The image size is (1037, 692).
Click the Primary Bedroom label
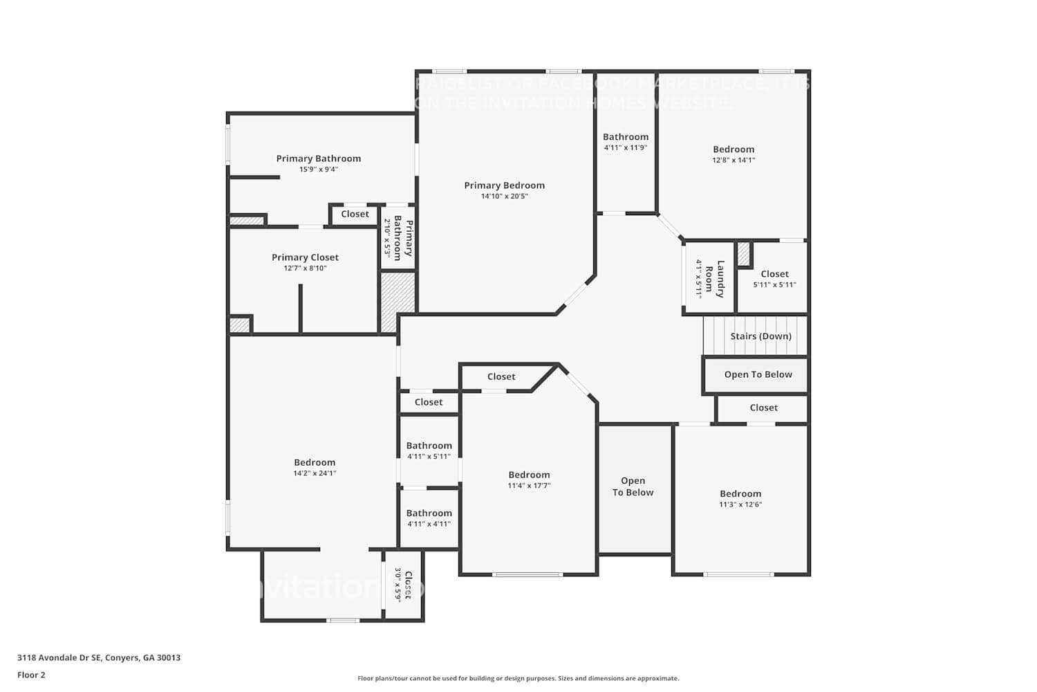pyautogui.click(x=504, y=185)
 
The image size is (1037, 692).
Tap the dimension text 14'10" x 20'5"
pyautogui.click(x=504, y=197)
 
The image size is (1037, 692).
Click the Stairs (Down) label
pyautogui.click(x=760, y=336)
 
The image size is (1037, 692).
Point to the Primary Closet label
pyautogui.click(x=305, y=257)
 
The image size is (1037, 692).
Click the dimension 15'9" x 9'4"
pyautogui.click(x=318, y=170)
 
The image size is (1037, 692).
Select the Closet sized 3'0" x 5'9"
pyautogui.click(x=403, y=585)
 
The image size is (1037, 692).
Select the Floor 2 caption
pyautogui.click(x=31, y=675)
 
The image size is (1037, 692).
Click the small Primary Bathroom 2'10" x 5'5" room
pyautogui.click(x=398, y=238)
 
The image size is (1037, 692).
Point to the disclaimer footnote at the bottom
pyautogui.click(x=518, y=678)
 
